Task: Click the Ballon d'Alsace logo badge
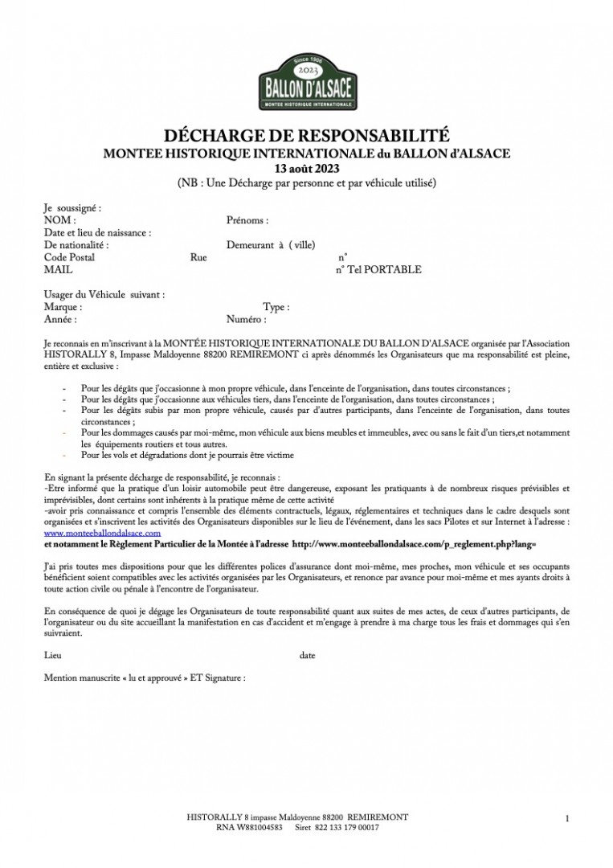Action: [x=306, y=83]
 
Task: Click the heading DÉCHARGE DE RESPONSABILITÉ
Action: [x=306, y=135]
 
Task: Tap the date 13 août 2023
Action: [x=306, y=168]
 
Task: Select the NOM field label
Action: [x=59, y=219]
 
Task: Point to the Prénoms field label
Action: [x=247, y=219]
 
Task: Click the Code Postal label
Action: [x=69, y=257]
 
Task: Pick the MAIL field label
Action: [x=59, y=270]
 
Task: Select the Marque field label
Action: [x=63, y=307]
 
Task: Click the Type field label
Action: [x=276, y=307]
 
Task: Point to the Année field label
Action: [x=60, y=320]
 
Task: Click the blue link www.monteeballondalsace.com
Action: [x=103, y=533]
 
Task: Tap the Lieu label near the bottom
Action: [x=52, y=655]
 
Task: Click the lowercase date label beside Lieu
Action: [x=307, y=655]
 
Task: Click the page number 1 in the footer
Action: [x=567, y=818]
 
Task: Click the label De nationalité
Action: [x=76, y=245]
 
